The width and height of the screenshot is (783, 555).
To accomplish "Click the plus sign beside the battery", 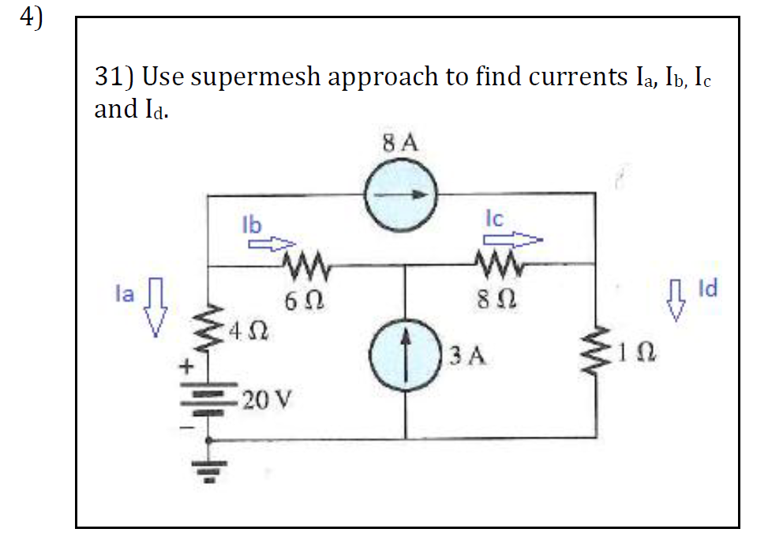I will click(187, 366).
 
